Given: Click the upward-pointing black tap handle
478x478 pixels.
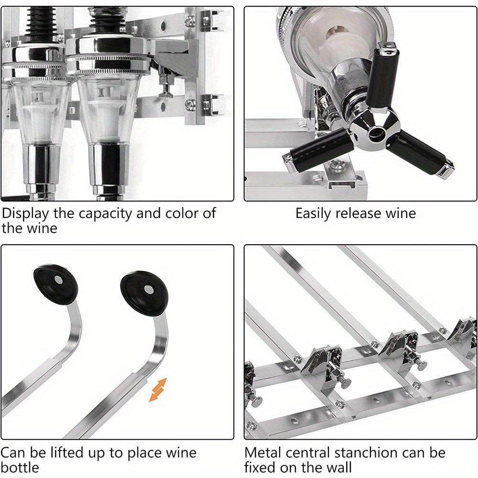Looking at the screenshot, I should click(x=385, y=76).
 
